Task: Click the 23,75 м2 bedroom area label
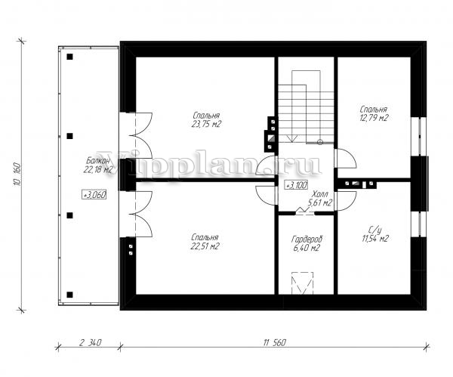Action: pyautogui.click(x=206, y=125)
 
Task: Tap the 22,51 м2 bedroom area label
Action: pyautogui.click(x=205, y=246)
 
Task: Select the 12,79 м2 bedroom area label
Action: pyautogui.click(x=374, y=118)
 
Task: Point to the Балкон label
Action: pyautogui.click(x=98, y=160)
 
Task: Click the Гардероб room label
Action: pyautogui.click(x=307, y=239)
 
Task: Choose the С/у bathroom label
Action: pyautogui.click(x=375, y=230)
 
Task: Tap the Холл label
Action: pyautogui.click(x=320, y=194)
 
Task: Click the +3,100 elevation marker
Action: pyautogui.click(x=297, y=185)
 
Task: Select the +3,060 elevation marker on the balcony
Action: pyautogui.click(x=94, y=195)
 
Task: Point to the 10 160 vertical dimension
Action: pyautogui.click(x=17, y=175)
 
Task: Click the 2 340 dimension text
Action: pyautogui.click(x=90, y=343)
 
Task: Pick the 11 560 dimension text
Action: pyautogui.click(x=275, y=343)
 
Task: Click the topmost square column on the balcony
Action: pyautogui.click(x=69, y=57)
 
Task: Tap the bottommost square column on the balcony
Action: pyautogui.click(x=69, y=295)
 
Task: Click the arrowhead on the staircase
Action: pyautogui.click(x=292, y=139)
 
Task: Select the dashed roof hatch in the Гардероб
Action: pyautogui.click(x=303, y=283)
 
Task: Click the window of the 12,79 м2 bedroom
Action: pyautogui.click(x=418, y=137)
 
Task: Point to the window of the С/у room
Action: pyautogui.click(x=418, y=224)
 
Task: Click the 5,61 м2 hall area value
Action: pyautogui.click(x=320, y=203)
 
